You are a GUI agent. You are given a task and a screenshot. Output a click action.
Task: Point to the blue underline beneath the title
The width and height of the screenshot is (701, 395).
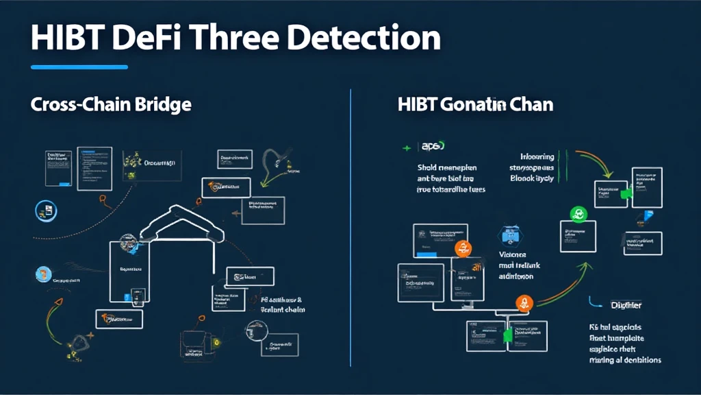79,67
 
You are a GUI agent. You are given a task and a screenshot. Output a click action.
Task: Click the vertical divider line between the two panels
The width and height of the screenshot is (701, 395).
350,226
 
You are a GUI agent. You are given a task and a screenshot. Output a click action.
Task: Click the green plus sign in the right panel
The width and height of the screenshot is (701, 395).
407,147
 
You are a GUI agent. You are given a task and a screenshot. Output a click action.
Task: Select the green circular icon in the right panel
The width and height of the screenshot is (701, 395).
577,215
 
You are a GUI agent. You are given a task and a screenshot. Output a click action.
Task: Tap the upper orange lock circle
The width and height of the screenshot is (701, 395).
463,248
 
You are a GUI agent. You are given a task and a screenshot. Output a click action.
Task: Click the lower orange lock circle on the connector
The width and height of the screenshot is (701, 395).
524,303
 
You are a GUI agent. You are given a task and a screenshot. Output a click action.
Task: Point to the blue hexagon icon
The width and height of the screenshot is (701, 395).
510,235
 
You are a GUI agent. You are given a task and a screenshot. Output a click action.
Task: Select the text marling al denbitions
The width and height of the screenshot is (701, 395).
624,359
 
